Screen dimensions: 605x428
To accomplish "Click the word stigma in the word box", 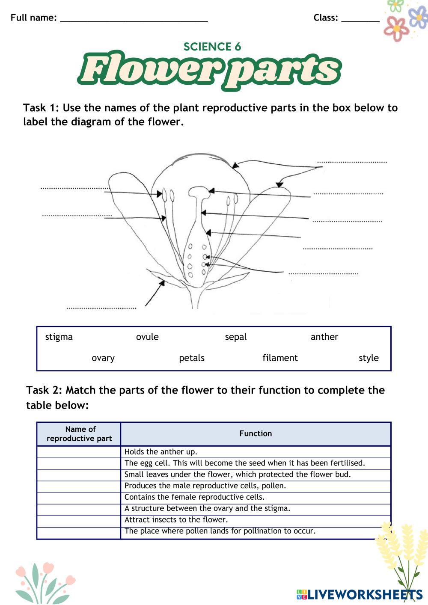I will point(59,337).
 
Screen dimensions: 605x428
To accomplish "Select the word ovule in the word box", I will point(147,337).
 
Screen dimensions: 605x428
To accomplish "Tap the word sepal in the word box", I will point(236,337).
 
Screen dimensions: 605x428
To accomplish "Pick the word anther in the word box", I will point(324,337).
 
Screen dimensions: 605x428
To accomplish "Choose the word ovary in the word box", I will point(103,358).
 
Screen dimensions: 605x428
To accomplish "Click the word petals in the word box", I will point(192,358).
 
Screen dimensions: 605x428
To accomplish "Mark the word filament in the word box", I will point(280,358).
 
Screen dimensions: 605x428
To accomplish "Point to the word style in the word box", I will point(369,358).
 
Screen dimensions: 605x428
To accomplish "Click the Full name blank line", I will point(134,19).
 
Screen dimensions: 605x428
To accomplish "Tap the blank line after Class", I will point(360,19).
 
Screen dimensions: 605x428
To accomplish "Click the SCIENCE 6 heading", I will point(212,47).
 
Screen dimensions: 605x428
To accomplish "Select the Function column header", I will point(256,433).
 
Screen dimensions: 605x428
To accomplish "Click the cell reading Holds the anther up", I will point(161,451).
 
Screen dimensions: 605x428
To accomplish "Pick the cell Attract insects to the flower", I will point(176,519).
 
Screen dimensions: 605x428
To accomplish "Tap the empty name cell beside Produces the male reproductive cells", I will point(79,486).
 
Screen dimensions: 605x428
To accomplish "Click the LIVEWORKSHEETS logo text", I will point(364,594).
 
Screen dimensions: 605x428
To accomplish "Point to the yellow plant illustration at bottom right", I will point(398,556).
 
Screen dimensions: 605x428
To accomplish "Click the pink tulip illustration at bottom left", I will point(43,582).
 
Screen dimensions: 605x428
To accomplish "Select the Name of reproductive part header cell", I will point(79,433).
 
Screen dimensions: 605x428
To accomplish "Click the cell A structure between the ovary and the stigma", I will point(208,508).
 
